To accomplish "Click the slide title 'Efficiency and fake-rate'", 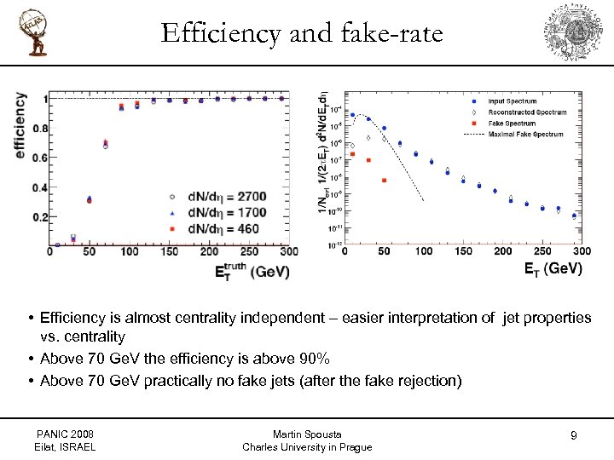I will pyautogui.click(x=302, y=33).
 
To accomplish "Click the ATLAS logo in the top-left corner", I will pyautogui.click(x=35, y=32).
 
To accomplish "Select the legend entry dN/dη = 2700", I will pyautogui.click(x=219, y=197).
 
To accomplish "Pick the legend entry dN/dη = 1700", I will pyautogui.click(x=219, y=213).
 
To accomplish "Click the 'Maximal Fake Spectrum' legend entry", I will pyautogui.click(x=525, y=134).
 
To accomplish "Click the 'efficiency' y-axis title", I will pyautogui.click(x=20, y=124).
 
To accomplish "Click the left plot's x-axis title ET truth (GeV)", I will pyautogui.click(x=252, y=272).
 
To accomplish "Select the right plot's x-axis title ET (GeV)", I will pyautogui.click(x=553, y=268).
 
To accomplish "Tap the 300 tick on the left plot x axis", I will pyautogui.click(x=289, y=252).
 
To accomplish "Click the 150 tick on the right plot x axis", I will pyautogui.click(x=464, y=251).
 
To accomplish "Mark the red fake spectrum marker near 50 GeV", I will pyautogui.click(x=385, y=181).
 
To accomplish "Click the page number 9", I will pyautogui.click(x=574, y=436).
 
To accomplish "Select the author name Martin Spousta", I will pyautogui.click(x=307, y=434).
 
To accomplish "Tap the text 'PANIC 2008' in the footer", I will pyautogui.click(x=67, y=434).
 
